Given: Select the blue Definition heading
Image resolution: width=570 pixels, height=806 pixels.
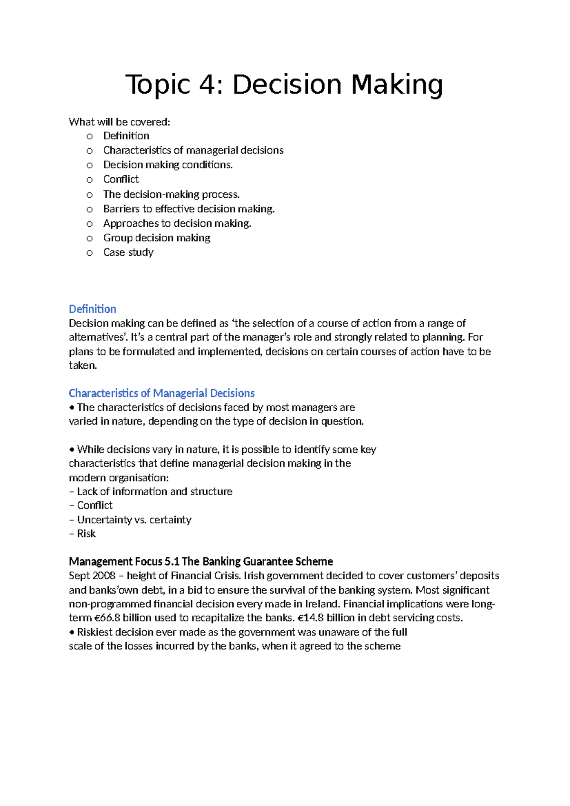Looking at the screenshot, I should [x=93, y=309].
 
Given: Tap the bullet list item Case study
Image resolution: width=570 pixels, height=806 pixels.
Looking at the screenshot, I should [x=128, y=252].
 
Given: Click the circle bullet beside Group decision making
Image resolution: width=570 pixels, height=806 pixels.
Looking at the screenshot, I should [x=89, y=239].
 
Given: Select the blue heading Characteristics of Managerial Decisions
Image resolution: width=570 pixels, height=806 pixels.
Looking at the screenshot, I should [x=161, y=393].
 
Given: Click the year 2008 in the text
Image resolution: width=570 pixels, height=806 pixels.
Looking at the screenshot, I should [x=104, y=576].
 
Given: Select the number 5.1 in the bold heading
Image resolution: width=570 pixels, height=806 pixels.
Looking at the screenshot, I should [x=171, y=561].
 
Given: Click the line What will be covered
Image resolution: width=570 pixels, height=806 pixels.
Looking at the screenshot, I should [x=119, y=122].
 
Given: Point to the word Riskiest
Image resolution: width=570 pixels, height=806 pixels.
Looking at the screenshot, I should [x=95, y=632].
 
